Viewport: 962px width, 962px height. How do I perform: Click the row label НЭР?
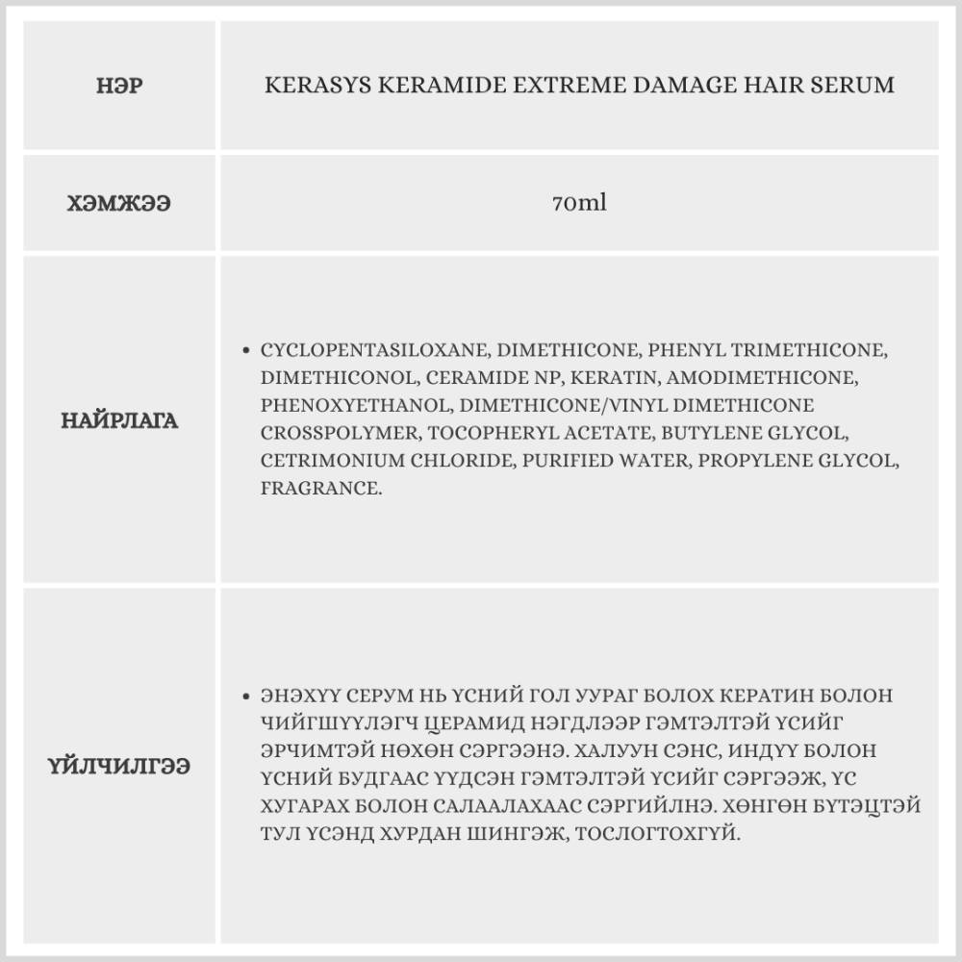tap(119, 85)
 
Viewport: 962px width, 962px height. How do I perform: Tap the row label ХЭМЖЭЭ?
tap(119, 204)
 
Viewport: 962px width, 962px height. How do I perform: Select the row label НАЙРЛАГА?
tap(119, 420)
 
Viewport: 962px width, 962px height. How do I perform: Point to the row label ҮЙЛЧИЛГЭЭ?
tap(119, 766)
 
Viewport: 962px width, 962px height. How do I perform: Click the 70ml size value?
tap(579, 204)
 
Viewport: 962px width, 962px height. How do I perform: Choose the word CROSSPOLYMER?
tap(339, 433)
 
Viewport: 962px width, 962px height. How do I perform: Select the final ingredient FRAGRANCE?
tap(319, 489)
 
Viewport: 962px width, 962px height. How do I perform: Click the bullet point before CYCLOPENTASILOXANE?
tap(247, 350)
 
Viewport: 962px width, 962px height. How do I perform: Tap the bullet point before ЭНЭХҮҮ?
tap(247, 696)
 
